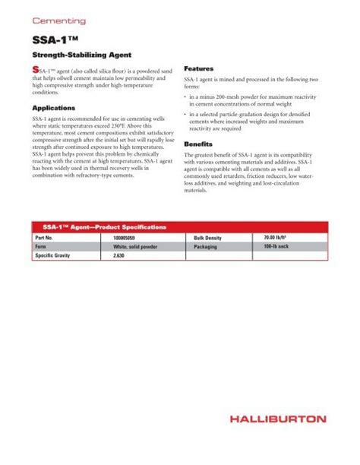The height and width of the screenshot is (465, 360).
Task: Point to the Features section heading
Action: click(198, 68)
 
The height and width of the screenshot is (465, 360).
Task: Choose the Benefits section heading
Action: click(197, 144)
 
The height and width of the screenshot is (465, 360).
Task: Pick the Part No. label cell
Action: click(46, 238)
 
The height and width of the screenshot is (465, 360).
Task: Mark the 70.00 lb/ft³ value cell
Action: click(297, 238)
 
